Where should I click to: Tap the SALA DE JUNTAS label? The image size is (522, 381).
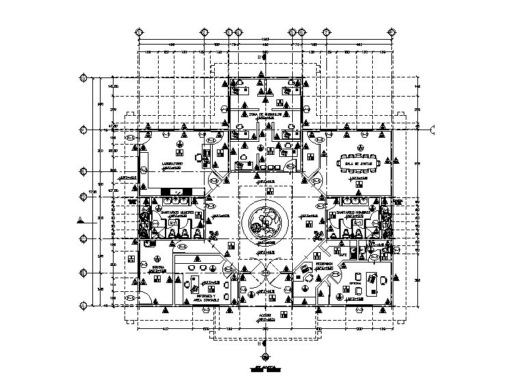[358, 164]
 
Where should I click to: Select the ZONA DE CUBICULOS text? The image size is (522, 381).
[265, 114]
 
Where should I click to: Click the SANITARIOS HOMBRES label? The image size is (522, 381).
[354, 212]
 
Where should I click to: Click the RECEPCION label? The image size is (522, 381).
[324, 265]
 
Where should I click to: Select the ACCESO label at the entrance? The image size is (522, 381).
[265, 316]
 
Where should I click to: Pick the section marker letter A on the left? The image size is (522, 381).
[81, 219]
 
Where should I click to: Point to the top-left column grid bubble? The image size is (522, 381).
[139, 32]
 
